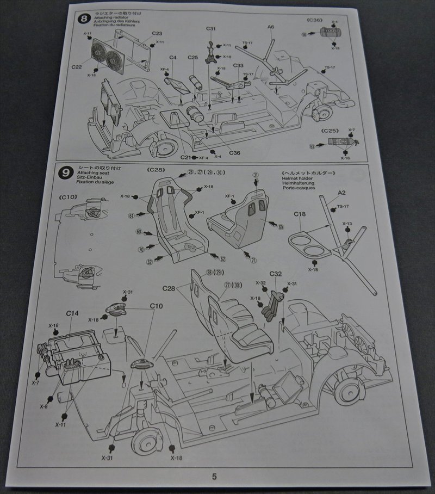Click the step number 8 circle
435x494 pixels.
point(83,18)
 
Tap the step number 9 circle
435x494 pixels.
point(65,174)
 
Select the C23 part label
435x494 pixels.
point(157,34)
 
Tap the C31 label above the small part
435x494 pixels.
point(212,28)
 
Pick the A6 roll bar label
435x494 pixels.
point(271,27)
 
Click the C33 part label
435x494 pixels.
point(238,65)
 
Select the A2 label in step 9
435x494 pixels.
point(341,193)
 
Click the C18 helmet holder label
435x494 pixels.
point(300,214)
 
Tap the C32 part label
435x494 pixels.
point(276,274)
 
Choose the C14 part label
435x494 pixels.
point(72,313)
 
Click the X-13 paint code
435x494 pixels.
point(347,224)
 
